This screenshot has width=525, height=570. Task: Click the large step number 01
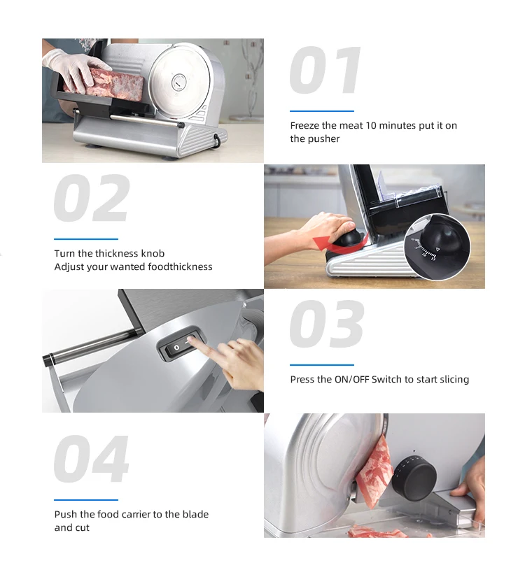pyautogui.click(x=325, y=71)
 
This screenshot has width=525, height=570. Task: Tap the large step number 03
pyautogui.click(x=326, y=325)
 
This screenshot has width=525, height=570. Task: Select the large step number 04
pyautogui.click(x=91, y=459)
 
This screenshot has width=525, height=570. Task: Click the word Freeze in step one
pyautogui.click(x=305, y=126)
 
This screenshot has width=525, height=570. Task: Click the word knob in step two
pyautogui.click(x=152, y=253)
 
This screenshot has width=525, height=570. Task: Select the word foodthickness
pyautogui.click(x=180, y=266)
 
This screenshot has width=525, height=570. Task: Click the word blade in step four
pyautogui.click(x=195, y=514)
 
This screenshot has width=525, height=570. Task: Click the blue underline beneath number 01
pyautogui.click(x=322, y=111)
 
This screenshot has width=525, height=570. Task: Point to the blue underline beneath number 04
pyautogui.click(x=86, y=499)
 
